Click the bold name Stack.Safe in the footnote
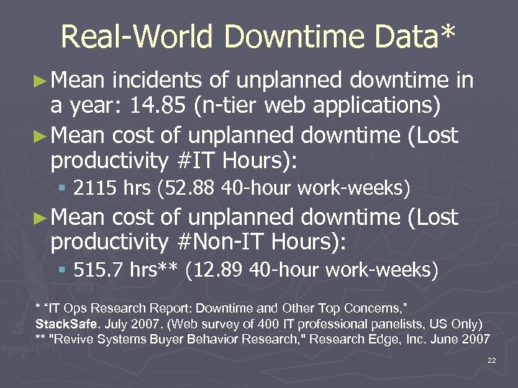[x=66, y=323]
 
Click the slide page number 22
[x=491, y=360]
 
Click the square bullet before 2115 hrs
[x=63, y=190]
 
